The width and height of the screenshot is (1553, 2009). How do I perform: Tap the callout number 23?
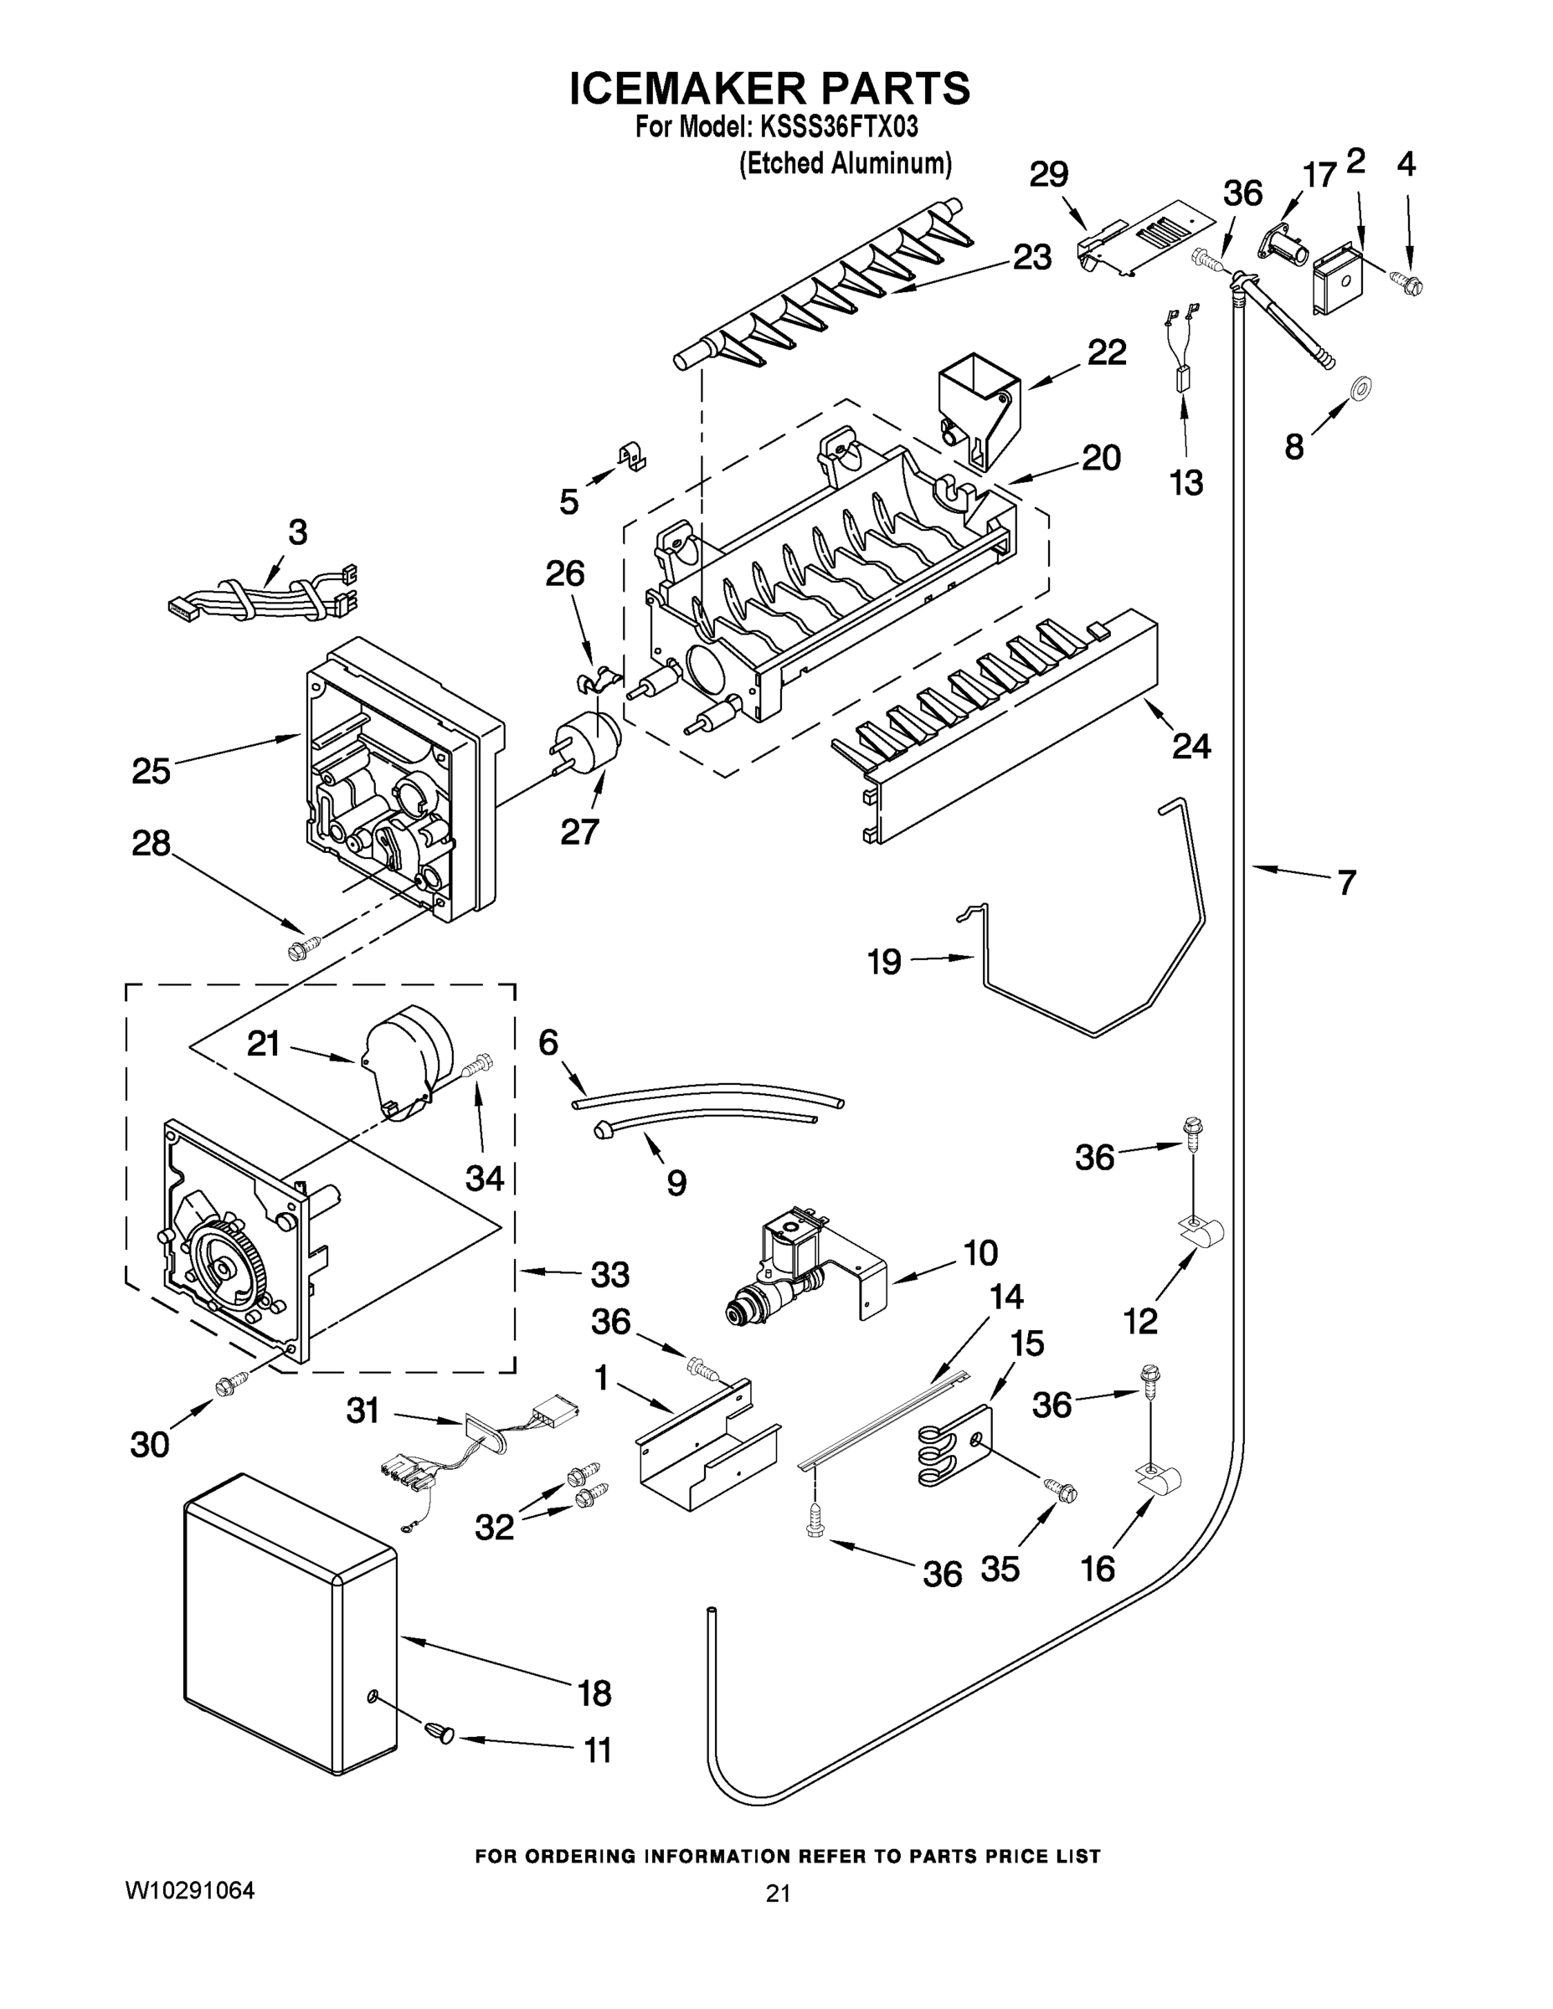pyautogui.click(x=1031, y=258)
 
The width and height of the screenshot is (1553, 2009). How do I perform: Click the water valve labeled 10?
pyautogui.click(x=799, y=1271)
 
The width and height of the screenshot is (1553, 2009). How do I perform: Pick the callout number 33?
pyautogui.click(x=609, y=1274)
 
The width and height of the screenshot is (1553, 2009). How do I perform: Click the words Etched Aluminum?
pyautogui.click(x=846, y=164)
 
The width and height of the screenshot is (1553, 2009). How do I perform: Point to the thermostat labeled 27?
pyautogui.click(x=586, y=743)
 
